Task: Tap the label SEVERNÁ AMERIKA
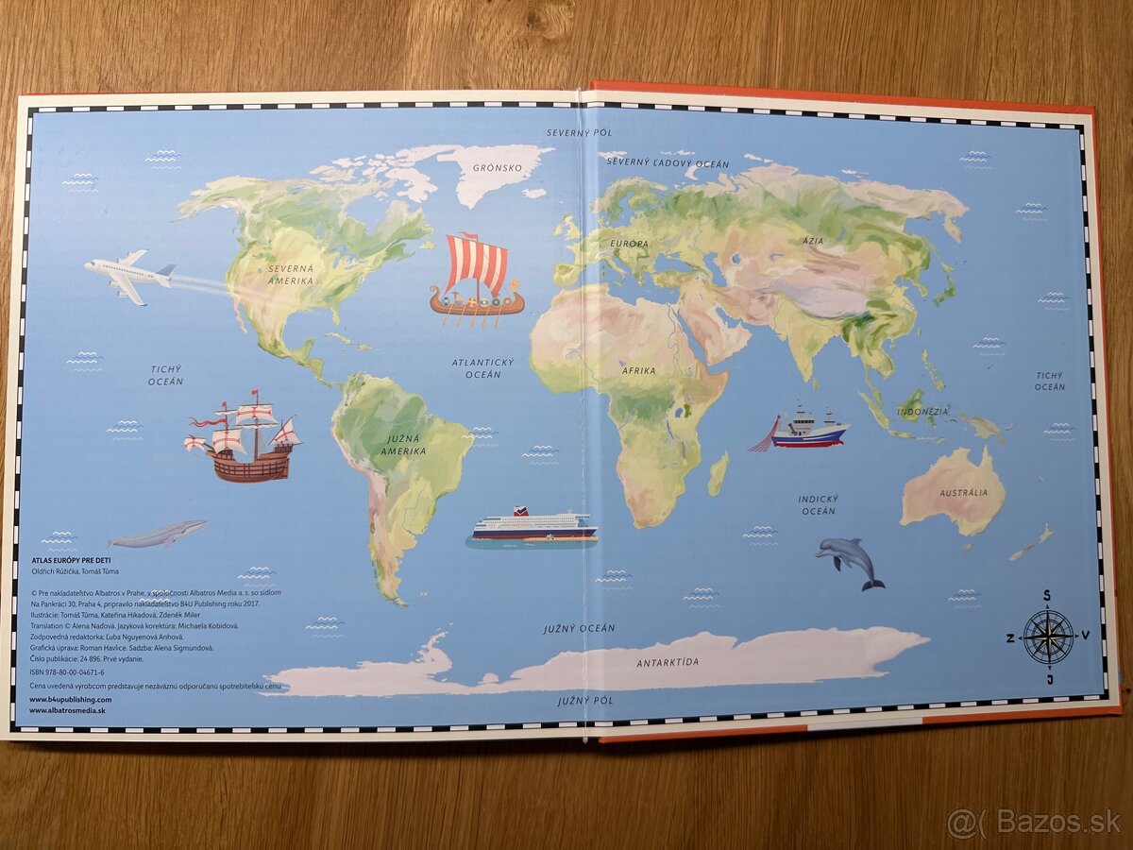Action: pos(290,275)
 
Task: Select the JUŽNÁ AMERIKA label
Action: pos(403,445)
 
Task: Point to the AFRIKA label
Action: pos(638,370)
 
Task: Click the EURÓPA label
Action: pos(630,244)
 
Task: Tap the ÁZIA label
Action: pos(812,241)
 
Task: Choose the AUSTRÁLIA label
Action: pos(963,493)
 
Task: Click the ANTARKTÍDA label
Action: pos(668,662)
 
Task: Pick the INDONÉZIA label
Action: pos(922,412)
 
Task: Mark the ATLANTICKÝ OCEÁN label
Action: pos(482,368)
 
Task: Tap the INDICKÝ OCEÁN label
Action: pos(818,504)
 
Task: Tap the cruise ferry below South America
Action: pos(533,526)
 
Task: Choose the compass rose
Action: pos(1048,637)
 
